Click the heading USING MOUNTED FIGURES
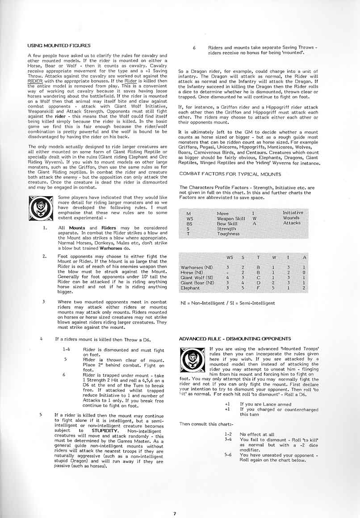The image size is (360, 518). pyautogui.click(x=59, y=46)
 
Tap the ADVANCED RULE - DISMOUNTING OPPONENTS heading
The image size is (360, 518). pyautogui.click(x=235, y=339)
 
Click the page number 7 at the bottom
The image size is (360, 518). pyautogui.click(x=175, y=514)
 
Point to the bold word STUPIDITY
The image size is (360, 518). pyautogui.click(x=105, y=431)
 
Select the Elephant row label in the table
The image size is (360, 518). pyautogui.click(x=190, y=288)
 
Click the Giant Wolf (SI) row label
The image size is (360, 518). pyautogui.click(x=196, y=278)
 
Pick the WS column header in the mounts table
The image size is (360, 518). pyautogui.click(x=230, y=257)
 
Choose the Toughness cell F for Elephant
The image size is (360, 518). pyautogui.click(x=258, y=288)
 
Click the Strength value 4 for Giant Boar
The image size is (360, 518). pyautogui.click(x=243, y=283)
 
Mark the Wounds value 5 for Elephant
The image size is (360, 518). pyautogui.click(x=273, y=288)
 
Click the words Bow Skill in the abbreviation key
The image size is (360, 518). pyautogui.click(x=227, y=223)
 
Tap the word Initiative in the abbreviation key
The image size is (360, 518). pyautogui.click(x=293, y=213)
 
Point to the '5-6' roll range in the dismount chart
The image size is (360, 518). pyautogui.click(x=229, y=455)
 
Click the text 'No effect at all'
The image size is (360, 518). pyautogui.click(x=258, y=434)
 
